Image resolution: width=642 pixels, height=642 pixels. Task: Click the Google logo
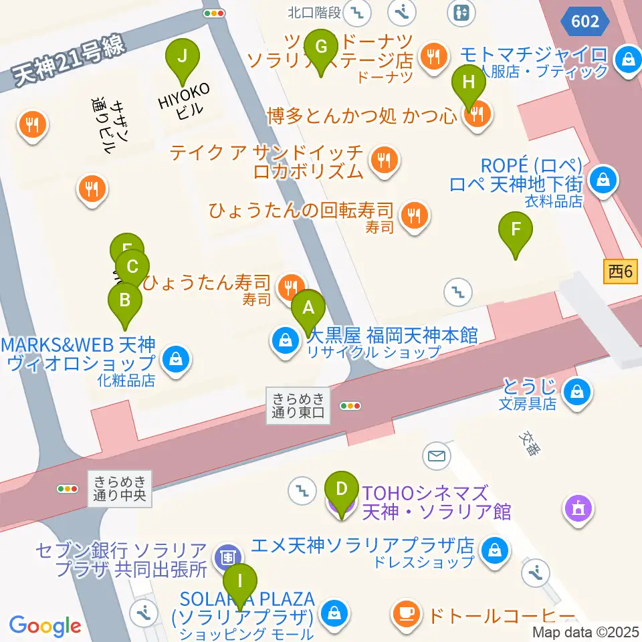pos(45,626)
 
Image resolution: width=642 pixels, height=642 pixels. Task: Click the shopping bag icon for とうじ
pos(575,391)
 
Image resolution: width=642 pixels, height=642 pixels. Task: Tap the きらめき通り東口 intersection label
pos(298,405)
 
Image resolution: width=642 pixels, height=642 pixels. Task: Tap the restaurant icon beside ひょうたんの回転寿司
pos(415,215)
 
